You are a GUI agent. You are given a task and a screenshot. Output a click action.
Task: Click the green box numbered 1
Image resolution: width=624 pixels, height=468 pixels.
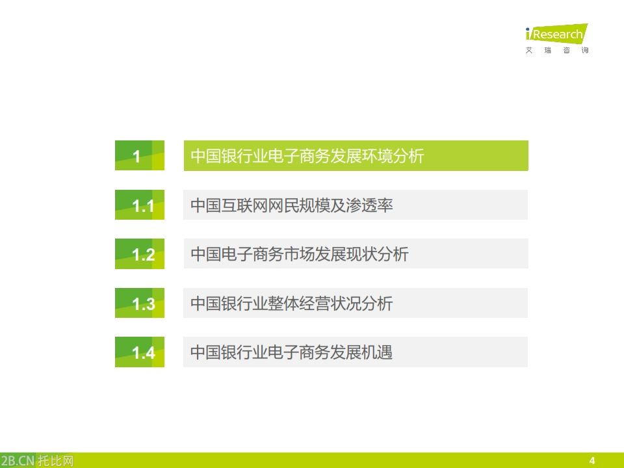click(x=139, y=156)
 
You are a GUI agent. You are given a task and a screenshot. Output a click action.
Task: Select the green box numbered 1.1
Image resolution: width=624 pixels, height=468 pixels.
click(x=139, y=205)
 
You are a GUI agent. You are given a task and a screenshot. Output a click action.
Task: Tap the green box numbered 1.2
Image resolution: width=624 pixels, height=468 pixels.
click(x=139, y=254)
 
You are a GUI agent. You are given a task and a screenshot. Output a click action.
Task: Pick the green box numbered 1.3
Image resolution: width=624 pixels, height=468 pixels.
click(x=139, y=304)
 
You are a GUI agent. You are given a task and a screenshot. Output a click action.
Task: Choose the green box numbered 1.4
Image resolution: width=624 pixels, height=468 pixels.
click(x=139, y=352)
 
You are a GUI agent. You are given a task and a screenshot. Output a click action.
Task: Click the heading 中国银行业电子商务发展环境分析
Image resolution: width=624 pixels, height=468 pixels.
click(x=307, y=156)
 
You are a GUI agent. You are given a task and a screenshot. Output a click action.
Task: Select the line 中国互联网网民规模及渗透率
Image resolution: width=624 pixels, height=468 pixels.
click(x=291, y=205)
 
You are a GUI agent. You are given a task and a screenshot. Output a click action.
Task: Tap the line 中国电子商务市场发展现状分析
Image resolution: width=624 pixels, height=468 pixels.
click(x=299, y=254)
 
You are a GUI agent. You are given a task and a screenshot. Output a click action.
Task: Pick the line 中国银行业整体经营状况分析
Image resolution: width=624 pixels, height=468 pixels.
click(x=291, y=304)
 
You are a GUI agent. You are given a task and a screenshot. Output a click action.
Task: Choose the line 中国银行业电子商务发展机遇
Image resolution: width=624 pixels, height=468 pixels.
click(x=291, y=352)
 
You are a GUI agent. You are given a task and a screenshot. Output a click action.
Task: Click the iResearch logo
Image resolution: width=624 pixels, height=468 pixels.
click(x=556, y=34)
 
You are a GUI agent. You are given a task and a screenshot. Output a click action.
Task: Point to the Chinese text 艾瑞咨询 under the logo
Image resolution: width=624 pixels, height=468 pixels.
click(x=556, y=51)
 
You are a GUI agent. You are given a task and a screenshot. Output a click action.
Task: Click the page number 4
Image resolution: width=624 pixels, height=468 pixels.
click(x=591, y=460)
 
